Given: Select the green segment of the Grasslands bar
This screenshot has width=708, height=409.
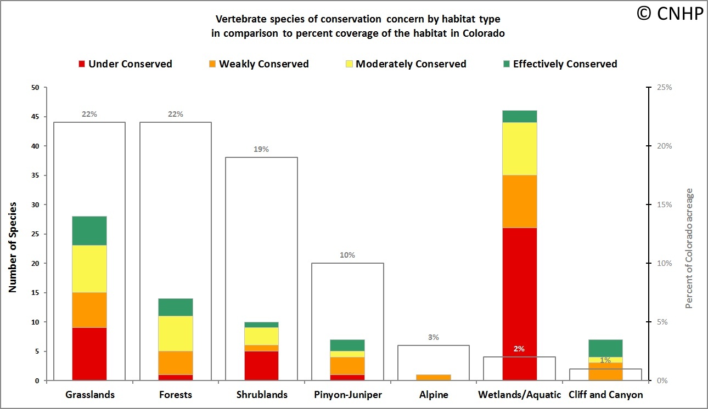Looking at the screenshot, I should (89, 230).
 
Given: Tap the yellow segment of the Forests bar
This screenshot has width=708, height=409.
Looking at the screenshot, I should (175, 333).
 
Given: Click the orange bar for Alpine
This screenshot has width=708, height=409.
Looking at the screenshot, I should (433, 377).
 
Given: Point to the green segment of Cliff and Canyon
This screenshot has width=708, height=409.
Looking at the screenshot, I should (605, 348).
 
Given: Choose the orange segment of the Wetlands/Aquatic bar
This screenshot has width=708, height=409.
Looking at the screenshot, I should (519, 201).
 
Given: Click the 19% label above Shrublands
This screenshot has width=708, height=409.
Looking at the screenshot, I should (261, 149).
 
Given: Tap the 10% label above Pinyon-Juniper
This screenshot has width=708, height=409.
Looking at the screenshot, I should (347, 255).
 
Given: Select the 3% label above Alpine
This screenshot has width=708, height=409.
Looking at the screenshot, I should (433, 337).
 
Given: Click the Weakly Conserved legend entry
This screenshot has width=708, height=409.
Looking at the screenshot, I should (263, 64).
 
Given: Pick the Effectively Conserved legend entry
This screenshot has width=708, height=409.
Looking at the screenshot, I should (565, 64).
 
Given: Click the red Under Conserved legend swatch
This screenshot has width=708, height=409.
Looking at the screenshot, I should (82, 64).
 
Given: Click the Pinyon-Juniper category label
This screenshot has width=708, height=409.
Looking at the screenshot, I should (347, 395).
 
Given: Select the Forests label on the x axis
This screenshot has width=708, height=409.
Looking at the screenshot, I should (175, 395).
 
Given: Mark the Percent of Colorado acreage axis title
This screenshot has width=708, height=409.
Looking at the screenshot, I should (689, 248).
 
